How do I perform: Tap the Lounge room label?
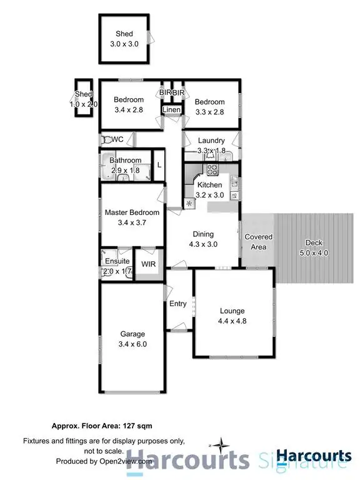pyautogui.click(x=232, y=311)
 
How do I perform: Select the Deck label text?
pyautogui.click(x=313, y=243)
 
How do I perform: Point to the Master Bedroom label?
pyautogui.click(x=132, y=212)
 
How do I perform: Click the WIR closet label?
pyautogui.click(x=148, y=265)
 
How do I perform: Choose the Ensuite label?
pyautogui.click(x=117, y=261)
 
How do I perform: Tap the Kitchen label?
pyautogui.click(x=209, y=185)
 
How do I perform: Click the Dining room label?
pyautogui.click(x=203, y=234)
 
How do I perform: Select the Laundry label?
pyautogui.click(x=211, y=141)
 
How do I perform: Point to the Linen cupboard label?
pyautogui.click(x=172, y=111)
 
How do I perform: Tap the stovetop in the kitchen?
pyautogui.click(x=212, y=169)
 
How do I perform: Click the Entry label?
pyautogui.click(x=178, y=304)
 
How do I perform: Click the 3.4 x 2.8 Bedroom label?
pyautogui.click(x=129, y=100)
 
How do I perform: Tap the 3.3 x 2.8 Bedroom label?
pyautogui.click(x=209, y=102)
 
